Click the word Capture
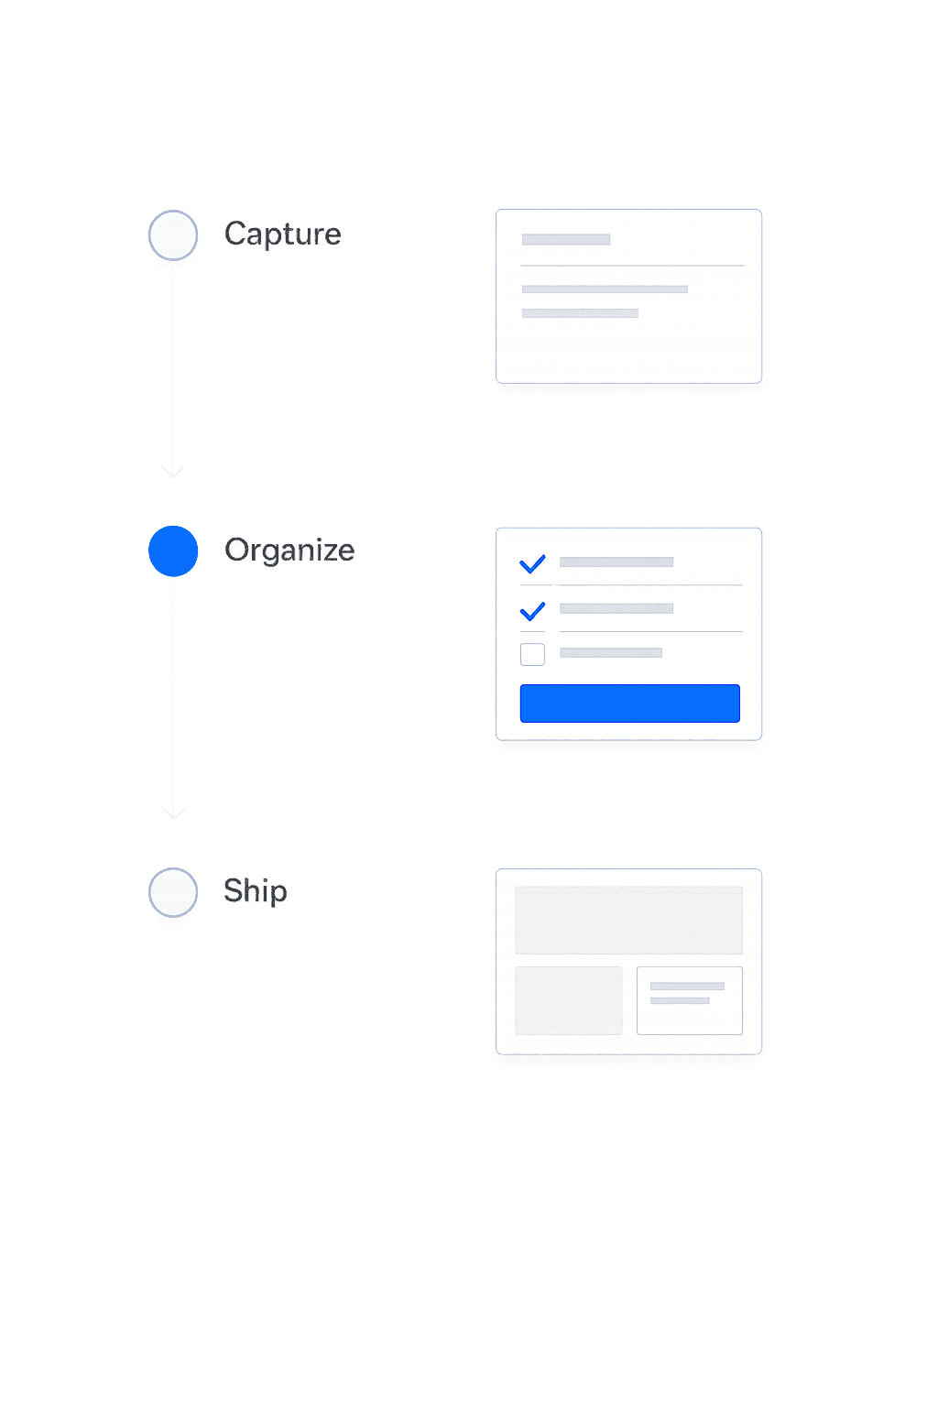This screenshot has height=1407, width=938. (282, 234)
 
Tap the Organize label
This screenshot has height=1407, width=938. (289, 551)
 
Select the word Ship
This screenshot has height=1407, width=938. (255, 890)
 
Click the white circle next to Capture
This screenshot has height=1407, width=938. (173, 235)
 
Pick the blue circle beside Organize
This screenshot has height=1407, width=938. (173, 551)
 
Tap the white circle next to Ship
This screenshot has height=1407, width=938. (173, 891)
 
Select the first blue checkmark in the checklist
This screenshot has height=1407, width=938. (532, 563)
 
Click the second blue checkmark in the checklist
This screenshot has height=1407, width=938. (532, 610)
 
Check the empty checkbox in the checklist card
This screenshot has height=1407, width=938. (532, 654)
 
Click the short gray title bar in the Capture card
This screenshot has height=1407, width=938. (565, 240)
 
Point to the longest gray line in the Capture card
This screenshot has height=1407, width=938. (605, 289)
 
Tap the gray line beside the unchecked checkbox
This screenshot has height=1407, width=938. (611, 653)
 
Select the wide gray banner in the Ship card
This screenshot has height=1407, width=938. (628, 920)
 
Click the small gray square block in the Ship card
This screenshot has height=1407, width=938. (569, 1000)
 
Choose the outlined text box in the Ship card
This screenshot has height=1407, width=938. (690, 1000)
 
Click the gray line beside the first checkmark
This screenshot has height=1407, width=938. (616, 562)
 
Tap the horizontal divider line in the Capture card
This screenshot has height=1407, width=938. (632, 266)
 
